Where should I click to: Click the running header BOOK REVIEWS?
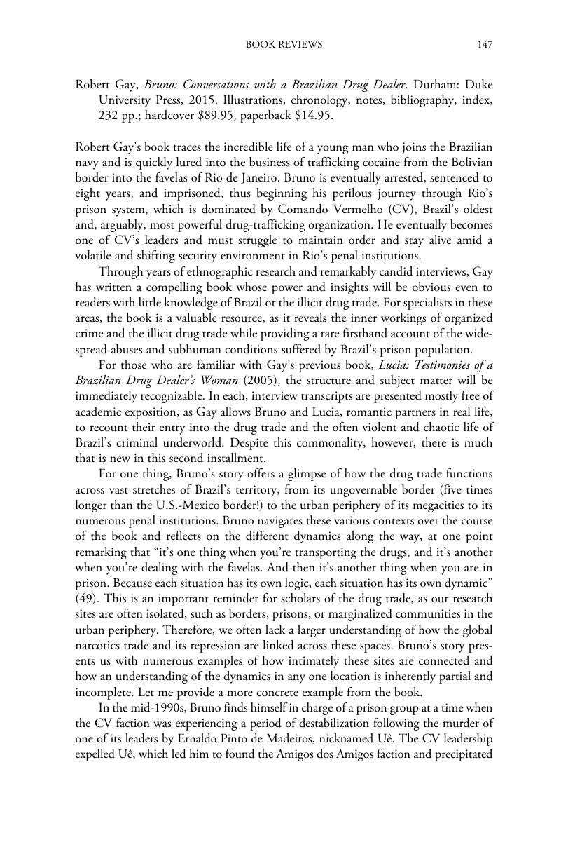click(284, 45)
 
